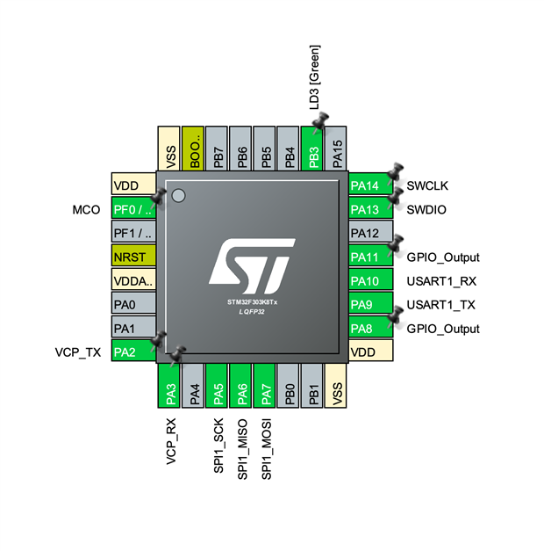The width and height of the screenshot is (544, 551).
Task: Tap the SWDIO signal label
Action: pos(426,210)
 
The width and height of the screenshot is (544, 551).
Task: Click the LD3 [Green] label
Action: pos(314,76)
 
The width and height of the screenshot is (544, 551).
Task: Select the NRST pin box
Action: pos(134,257)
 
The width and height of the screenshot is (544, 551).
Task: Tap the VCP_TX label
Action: pos(77,352)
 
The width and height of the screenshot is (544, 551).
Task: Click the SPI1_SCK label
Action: pos(219,446)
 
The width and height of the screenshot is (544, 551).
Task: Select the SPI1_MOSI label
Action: pos(267,449)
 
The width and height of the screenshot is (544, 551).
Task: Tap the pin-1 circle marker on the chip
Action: pos(179,194)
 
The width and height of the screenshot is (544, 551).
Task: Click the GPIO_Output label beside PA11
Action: pos(443,257)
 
